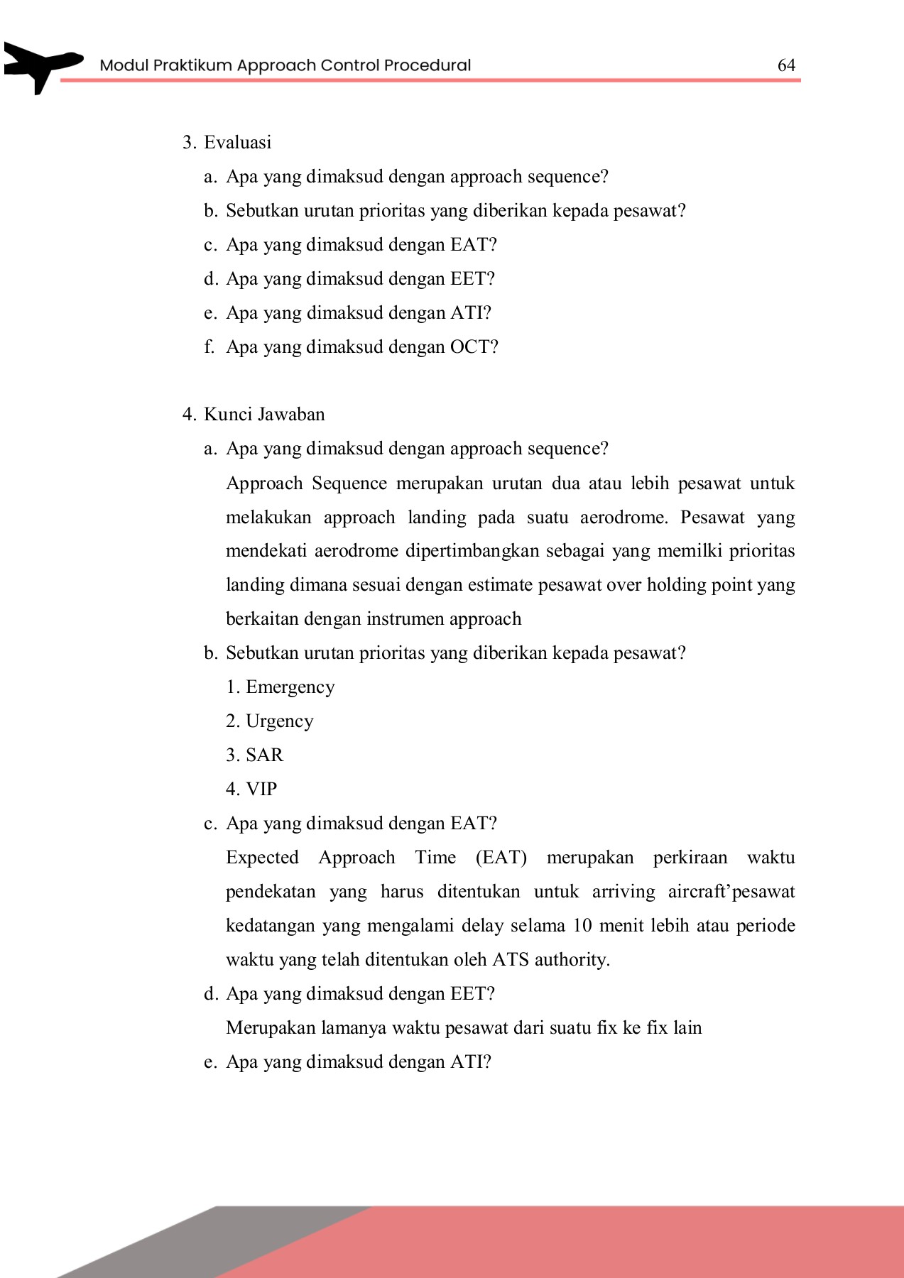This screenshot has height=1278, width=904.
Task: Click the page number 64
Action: point(786,65)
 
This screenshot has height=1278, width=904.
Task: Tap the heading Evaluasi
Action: point(237,143)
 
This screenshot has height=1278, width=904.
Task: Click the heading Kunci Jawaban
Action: point(264,415)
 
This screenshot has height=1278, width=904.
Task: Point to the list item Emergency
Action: point(290,687)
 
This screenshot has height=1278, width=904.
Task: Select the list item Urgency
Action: point(279,721)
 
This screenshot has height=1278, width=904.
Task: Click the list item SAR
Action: point(264,755)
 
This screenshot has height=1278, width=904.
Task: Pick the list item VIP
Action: point(261,790)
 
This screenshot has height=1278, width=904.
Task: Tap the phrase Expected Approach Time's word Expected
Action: point(262,858)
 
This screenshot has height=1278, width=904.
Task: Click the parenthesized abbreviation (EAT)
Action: point(501,858)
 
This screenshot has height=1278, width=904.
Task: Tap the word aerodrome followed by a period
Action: point(623,518)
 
